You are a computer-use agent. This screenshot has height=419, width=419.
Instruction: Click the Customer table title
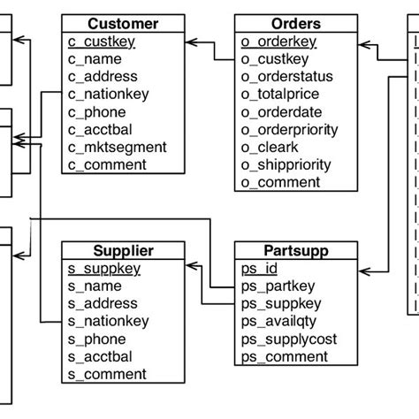[124, 24]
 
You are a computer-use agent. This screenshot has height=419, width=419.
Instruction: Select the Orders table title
[296, 24]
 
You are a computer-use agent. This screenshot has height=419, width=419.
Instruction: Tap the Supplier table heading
[124, 251]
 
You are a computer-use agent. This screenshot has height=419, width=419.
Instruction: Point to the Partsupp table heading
[296, 251]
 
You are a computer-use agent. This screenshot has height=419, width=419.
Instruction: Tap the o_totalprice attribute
[281, 95]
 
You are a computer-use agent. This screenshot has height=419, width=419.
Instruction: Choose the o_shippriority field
[286, 164]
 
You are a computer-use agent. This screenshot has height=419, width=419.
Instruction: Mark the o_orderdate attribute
[281, 112]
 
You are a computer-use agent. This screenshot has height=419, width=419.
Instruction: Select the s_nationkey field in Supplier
[109, 321]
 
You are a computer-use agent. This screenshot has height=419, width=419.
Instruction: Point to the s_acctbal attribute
[100, 356]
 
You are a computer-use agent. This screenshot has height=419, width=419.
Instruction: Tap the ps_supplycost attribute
[288, 339]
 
